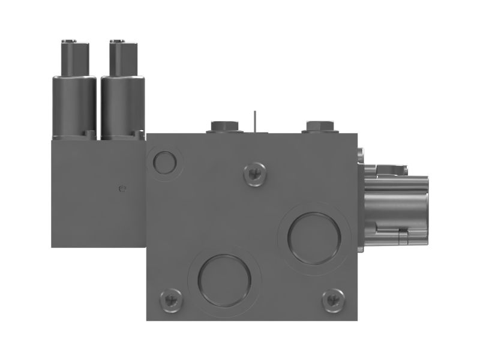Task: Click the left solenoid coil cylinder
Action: click(74, 107)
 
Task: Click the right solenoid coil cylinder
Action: click(123, 107)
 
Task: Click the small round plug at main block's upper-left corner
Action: click(164, 161)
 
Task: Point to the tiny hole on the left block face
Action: click(123, 188)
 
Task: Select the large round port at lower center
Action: click(224, 280)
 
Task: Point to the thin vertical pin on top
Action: click(255, 120)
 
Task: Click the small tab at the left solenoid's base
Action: click(89, 134)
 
